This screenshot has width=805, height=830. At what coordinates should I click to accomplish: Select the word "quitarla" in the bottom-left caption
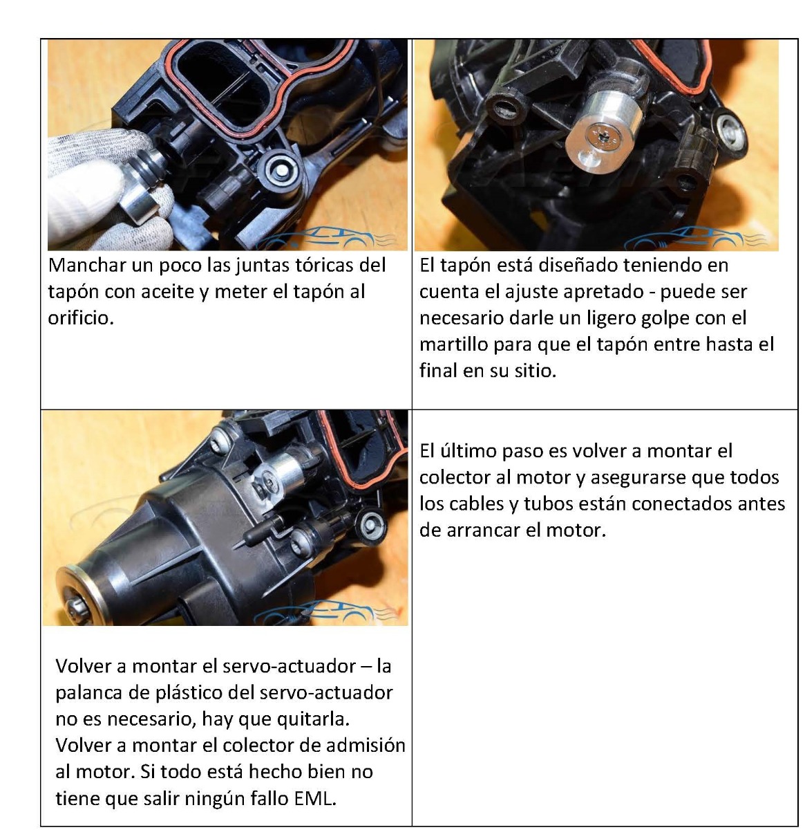pos(314,719)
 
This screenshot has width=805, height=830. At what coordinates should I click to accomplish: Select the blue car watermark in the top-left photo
pos(325,238)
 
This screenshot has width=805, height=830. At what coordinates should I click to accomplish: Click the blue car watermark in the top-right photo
pos(694,239)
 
